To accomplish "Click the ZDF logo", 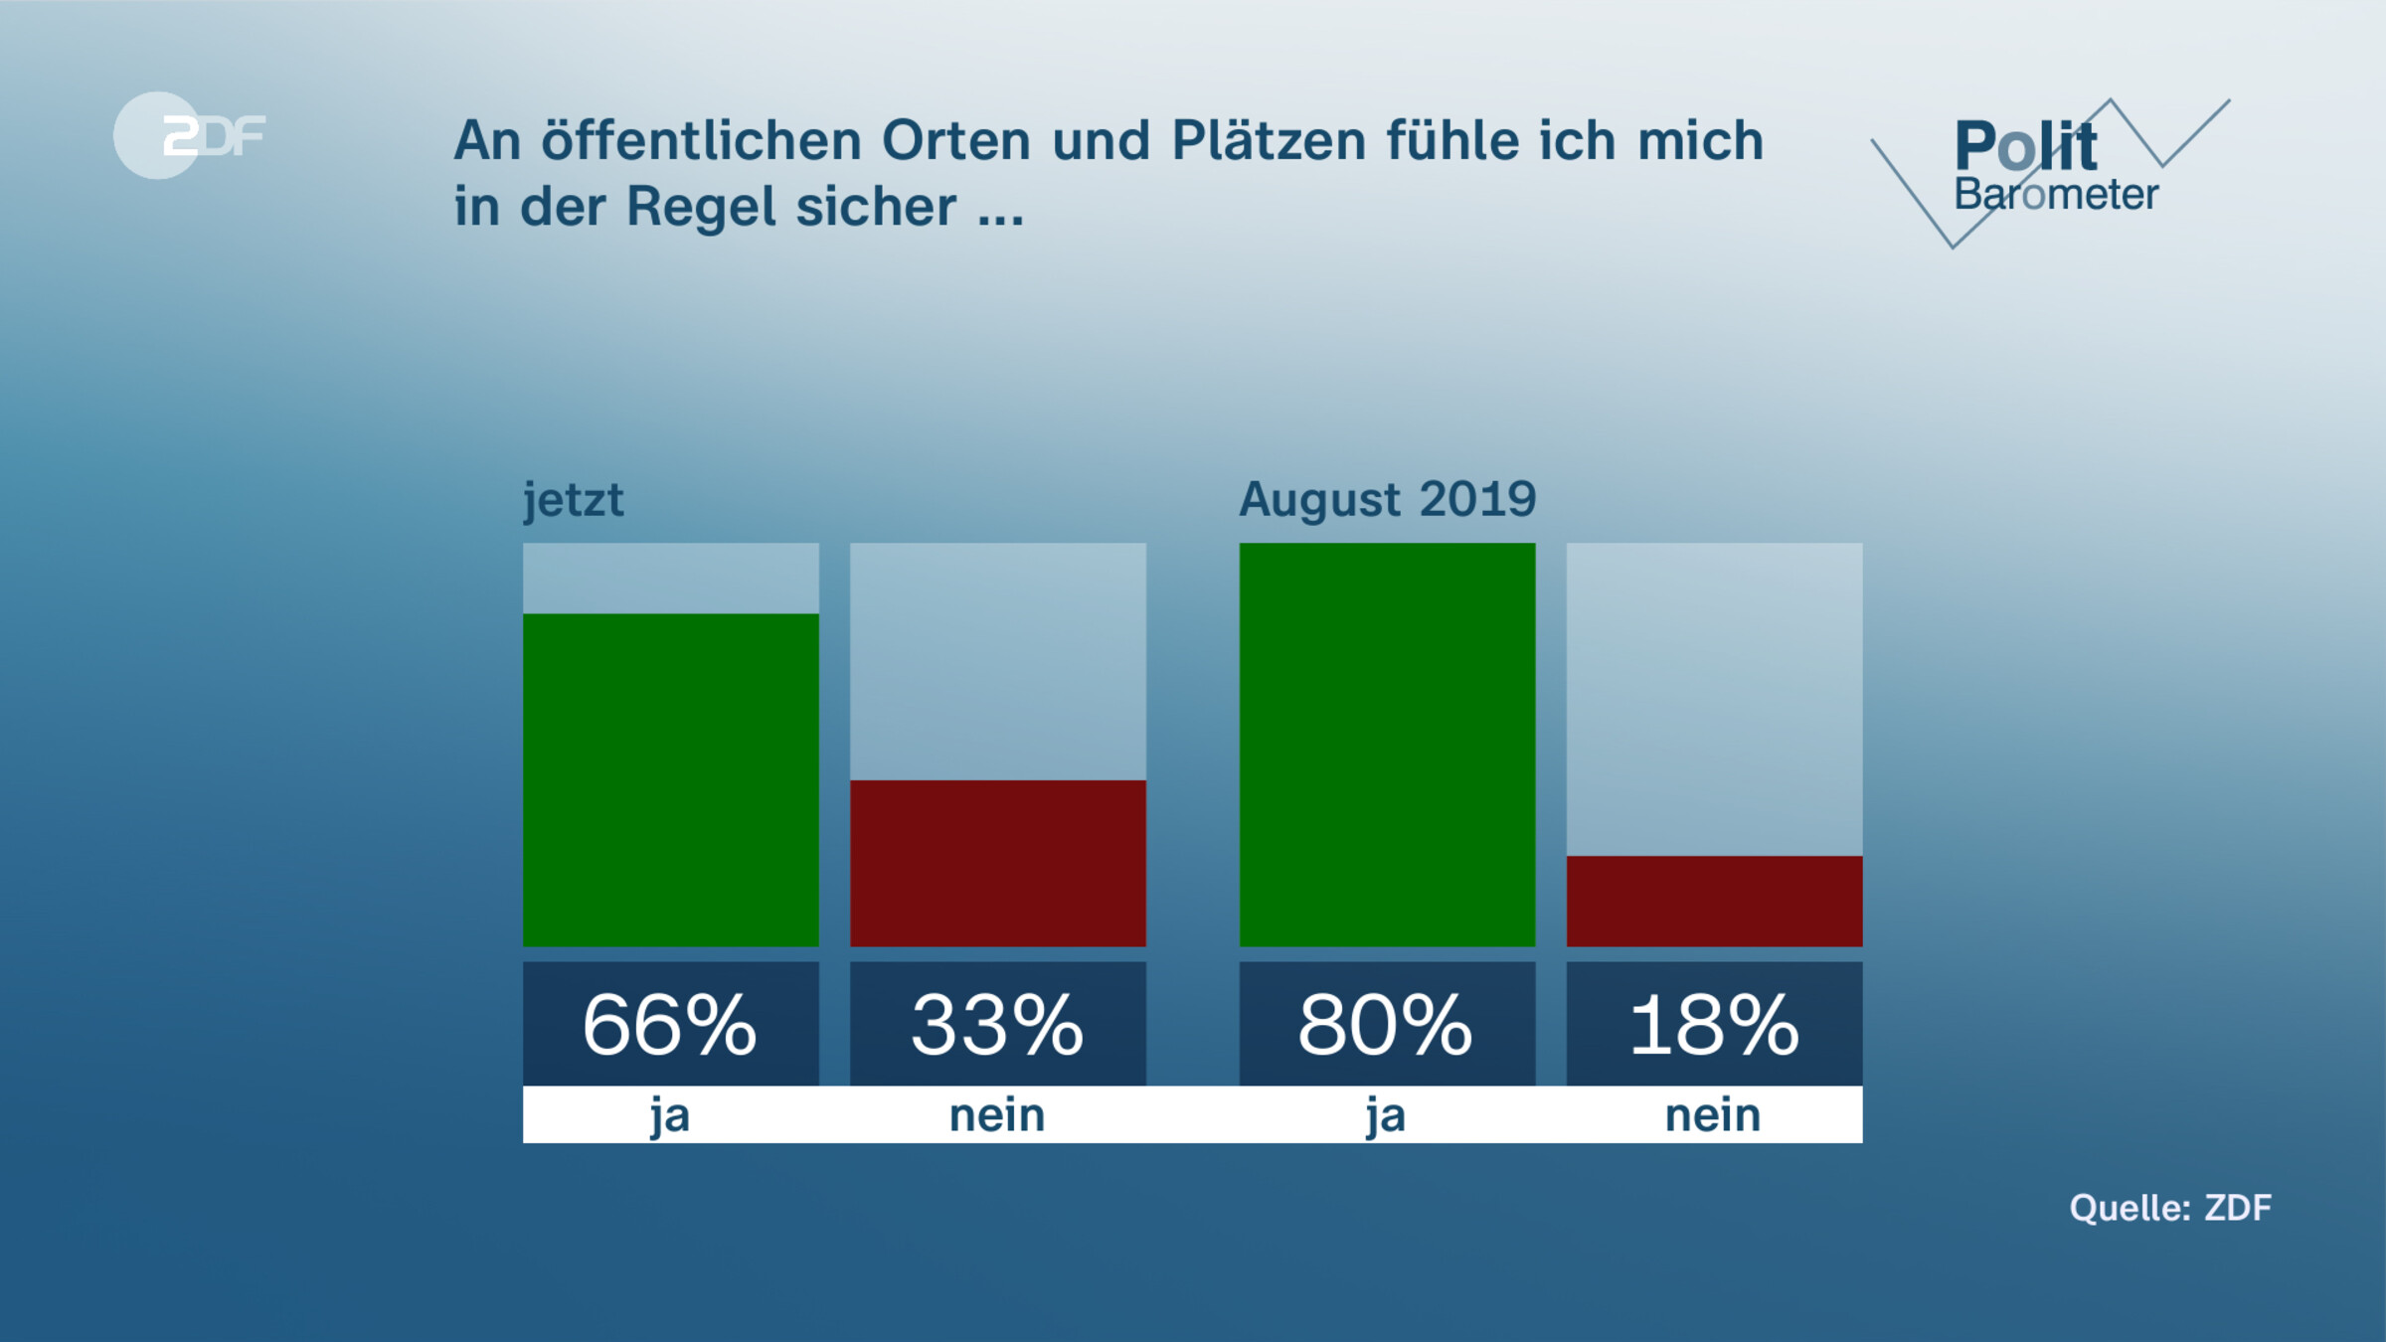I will [189, 135].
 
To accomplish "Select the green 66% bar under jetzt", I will [671, 780].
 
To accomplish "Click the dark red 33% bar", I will [998, 863].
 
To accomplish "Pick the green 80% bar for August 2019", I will [1387, 745].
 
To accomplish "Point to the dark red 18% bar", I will [1714, 901].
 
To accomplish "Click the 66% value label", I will [670, 1025].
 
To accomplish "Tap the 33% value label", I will [997, 1025].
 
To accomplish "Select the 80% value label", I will [1386, 1025].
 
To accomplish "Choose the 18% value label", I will [1714, 1025].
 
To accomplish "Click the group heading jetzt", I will [574, 499].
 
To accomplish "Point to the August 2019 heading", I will [1387, 499].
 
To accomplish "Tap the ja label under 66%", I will [670, 1115].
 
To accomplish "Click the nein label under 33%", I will [997, 1115].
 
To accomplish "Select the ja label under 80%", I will [1386, 1115].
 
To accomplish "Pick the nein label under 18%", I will [1713, 1115].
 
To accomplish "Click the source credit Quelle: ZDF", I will [2170, 1208].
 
